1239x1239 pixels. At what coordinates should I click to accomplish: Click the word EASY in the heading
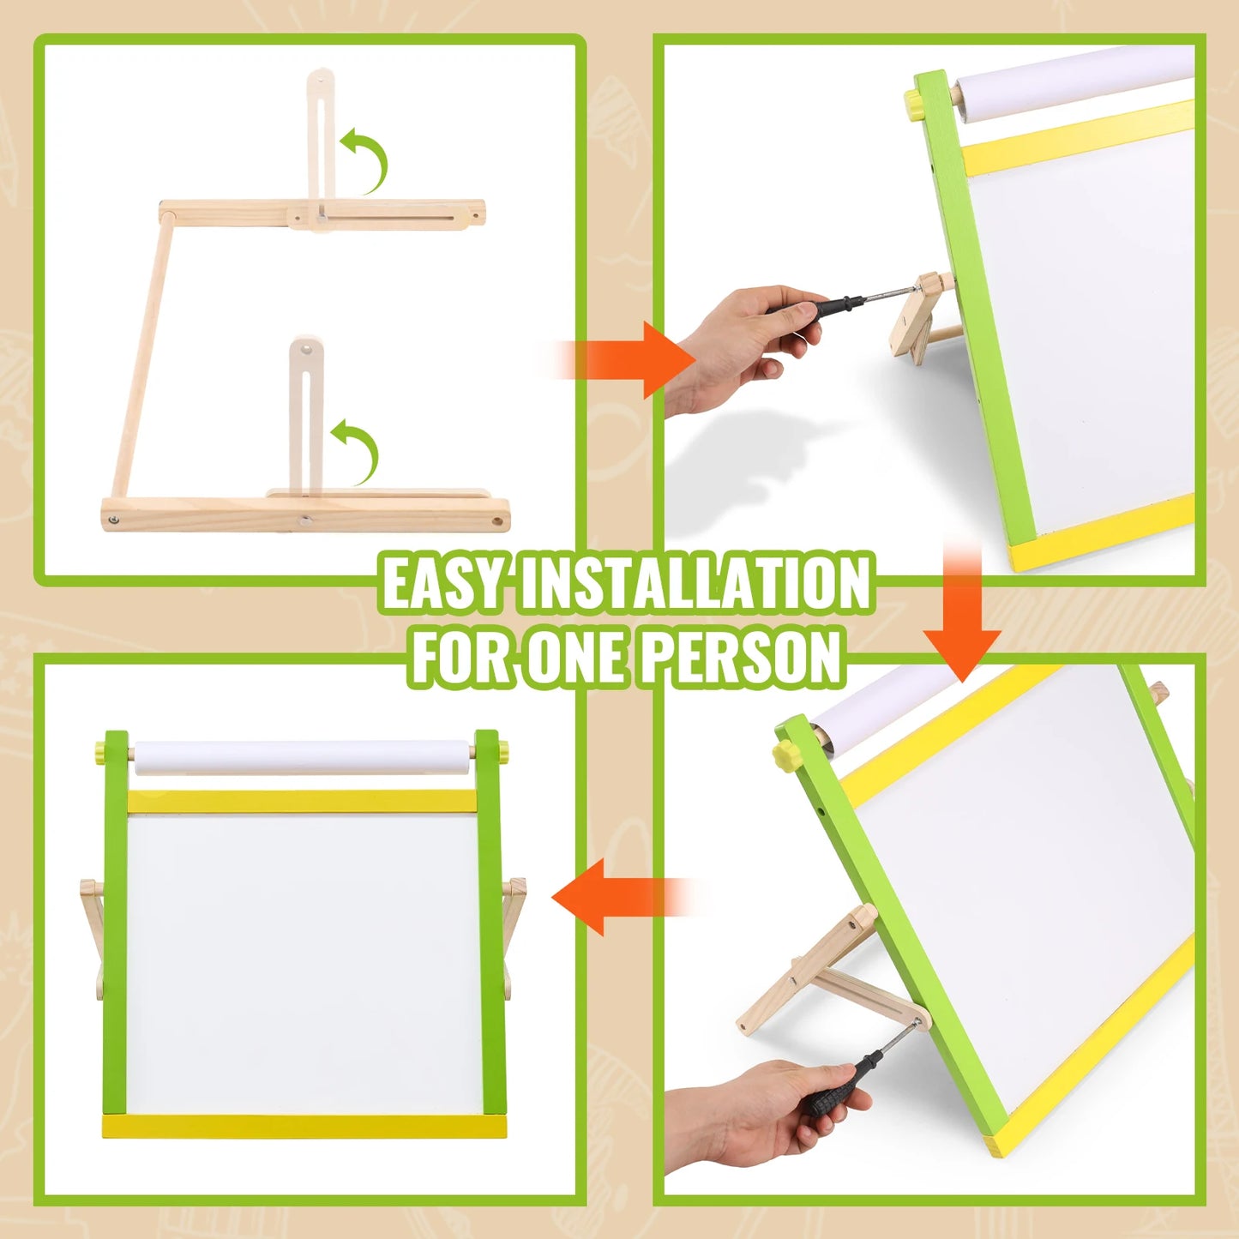point(442,583)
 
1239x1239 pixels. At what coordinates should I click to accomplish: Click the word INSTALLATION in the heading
point(695,583)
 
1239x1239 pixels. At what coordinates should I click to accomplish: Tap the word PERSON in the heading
point(741,657)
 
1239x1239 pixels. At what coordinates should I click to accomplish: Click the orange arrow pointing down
point(962,626)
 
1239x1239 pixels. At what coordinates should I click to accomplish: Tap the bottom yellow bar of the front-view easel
point(304,1127)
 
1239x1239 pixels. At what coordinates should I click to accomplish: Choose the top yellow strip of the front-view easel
point(302,801)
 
